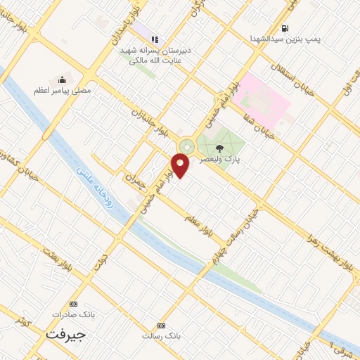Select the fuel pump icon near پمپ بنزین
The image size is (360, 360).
[x=284, y=29]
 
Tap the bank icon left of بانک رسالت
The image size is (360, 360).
[x=162, y=326]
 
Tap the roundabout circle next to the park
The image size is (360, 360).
[x=187, y=146]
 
